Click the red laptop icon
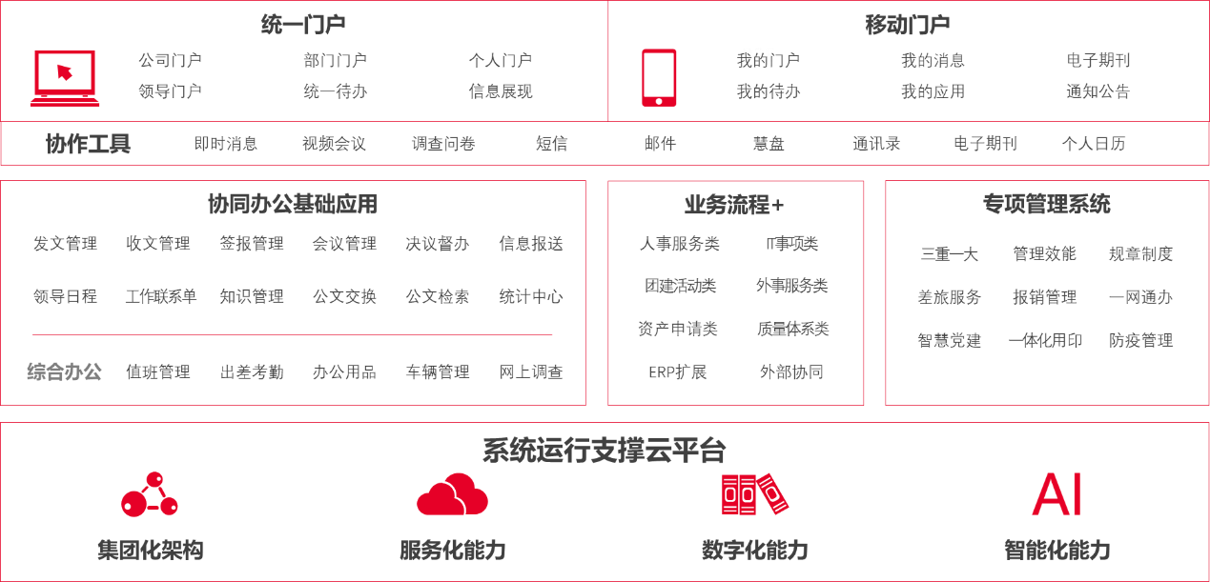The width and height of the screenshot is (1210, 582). pyautogui.click(x=65, y=78)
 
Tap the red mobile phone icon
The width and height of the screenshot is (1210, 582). pyautogui.click(x=659, y=78)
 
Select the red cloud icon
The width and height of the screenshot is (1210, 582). pyautogui.click(x=452, y=494)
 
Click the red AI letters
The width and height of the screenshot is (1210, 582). pyautogui.click(x=1056, y=494)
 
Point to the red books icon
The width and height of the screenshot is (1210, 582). pyautogui.click(x=754, y=494)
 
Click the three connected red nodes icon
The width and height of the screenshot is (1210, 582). pyautogui.click(x=150, y=494)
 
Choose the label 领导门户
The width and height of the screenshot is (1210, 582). pyautogui.click(x=170, y=91)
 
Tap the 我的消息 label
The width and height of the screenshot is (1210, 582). pyautogui.click(x=933, y=60)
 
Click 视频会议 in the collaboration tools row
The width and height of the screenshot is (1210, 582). pyautogui.click(x=334, y=144)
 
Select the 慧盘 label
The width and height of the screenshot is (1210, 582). pyautogui.click(x=769, y=144)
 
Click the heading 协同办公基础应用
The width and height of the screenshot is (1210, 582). pyautogui.click(x=293, y=204)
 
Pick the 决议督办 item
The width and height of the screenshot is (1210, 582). pyautogui.click(x=438, y=243)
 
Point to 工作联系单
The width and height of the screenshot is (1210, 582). pyautogui.click(x=161, y=296)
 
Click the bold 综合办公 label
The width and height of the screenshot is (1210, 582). pyautogui.click(x=64, y=371)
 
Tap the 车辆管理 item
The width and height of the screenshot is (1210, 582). pyautogui.click(x=438, y=371)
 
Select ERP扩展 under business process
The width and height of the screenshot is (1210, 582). pyautogui.click(x=677, y=371)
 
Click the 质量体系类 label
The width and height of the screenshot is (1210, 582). pyautogui.click(x=792, y=329)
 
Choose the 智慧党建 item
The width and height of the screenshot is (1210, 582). pyautogui.click(x=949, y=340)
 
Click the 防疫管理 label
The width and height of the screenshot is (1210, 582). pyautogui.click(x=1140, y=340)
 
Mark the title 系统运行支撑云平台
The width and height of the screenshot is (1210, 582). pyautogui.click(x=604, y=451)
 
